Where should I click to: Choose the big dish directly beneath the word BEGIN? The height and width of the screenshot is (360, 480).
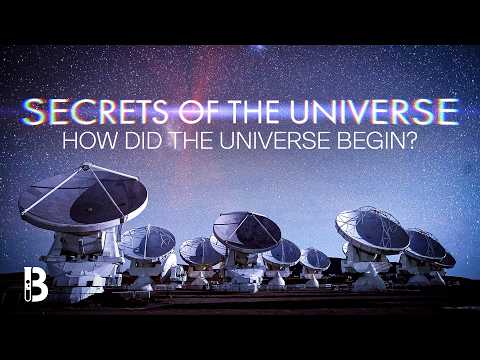(x=372, y=230)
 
